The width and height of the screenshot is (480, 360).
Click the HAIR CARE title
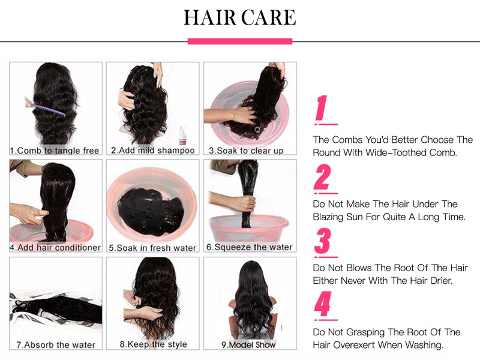coord(239,17)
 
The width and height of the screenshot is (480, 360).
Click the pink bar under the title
coord(240,41)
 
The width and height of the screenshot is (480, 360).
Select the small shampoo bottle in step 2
coord(182,136)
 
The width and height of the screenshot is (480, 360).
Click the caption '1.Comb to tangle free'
coord(55,151)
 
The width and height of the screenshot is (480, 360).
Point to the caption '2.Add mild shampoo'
coord(153,151)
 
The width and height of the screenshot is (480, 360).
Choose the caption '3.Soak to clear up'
coord(246,151)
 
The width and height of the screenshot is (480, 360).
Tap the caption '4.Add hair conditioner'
coord(55,247)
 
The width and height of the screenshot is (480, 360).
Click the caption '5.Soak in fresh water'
coord(152,248)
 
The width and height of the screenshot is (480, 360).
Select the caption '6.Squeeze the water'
coord(249,247)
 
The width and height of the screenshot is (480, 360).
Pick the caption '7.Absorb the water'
coord(56,344)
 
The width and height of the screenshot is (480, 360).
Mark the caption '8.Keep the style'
coord(153,344)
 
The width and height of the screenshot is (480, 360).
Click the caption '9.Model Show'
coord(248,345)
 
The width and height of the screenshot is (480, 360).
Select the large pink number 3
coord(322,241)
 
